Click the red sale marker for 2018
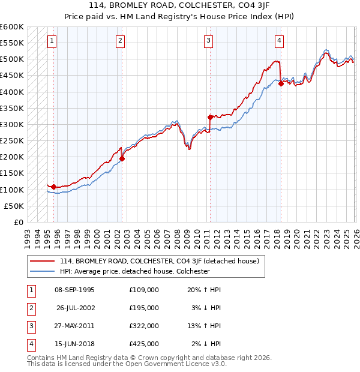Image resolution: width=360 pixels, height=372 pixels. pyautogui.click(x=281, y=84)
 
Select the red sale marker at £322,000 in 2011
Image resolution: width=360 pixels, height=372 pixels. pyautogui.click(x=210, y=117)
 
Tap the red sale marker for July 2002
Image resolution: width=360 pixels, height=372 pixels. pyautogui.click(x=122, y=159)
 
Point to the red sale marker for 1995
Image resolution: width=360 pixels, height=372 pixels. pyautogui.click(x=53, y=187)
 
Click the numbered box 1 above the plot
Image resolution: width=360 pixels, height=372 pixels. pyautogui.click(x=52, y=41)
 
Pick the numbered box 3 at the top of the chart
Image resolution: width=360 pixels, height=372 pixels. pyautogui.click(x=208, y=41)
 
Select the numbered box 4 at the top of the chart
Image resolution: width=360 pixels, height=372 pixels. pyautogui.click(x=280, y=41)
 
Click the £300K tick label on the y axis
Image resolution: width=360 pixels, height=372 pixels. pyautogui.click(x=12, y=125)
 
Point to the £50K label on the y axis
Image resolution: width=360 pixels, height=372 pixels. pyautogui.click(x=14, y=206)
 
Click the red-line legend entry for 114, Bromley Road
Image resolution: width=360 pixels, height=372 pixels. pyautogui.click(x=159, y=261)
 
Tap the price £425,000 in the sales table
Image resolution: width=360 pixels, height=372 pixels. pyautogui.click(x=143, y=344)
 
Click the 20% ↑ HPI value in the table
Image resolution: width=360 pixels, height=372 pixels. pyautogui.click(x=204, y=290)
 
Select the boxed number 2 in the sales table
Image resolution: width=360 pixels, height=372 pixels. pyautogui.click(x=30, y=308)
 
